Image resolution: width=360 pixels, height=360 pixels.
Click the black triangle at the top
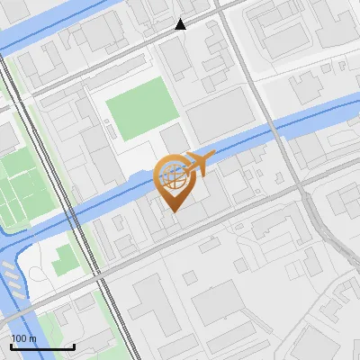(x=181, y=24)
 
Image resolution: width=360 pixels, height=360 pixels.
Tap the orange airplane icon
(x=199, y=163)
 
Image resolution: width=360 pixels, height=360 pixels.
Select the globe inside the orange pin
(x=173, y=174)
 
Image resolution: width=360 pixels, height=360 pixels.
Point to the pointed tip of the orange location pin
(x=173, y=211)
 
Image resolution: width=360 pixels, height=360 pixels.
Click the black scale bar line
(x=42, y=346)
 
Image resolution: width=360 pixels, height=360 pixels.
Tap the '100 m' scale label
(x=24, y=338)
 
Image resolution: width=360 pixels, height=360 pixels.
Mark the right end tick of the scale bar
(x=74, y=345)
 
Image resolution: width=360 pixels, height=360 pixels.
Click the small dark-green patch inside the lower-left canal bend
(x=62, y=262)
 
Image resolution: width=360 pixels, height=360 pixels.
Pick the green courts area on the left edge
(x=18, y=190)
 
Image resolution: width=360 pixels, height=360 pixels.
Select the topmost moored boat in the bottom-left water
(x=9, y=267)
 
